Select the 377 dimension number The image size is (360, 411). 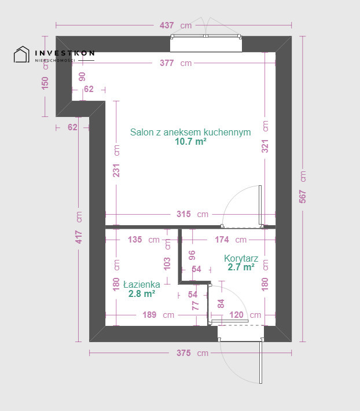[x=167, y=63]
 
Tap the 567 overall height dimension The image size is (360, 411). [x=303, y=197]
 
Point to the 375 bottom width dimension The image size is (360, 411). [x=183, y=353]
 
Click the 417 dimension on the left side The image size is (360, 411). [x=79, y=237]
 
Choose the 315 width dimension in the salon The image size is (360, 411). [x=183, y=214]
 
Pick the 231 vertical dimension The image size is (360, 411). [x=116, y=170]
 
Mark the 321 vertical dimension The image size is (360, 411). [x=265, y=146]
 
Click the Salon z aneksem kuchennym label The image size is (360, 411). [x=190, y=132]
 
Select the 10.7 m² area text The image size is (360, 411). [x=190, y=142]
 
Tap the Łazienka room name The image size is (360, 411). [x=142, y=284]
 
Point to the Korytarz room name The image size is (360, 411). [x=241, y=258]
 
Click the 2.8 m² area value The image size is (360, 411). [x=142, y=293]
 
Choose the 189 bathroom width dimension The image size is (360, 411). [x=149, y=314]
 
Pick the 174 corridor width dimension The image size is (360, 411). [x=222, y=239]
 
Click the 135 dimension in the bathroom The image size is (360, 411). [x=135, y=239]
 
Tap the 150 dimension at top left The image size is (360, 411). [x=45, y=83]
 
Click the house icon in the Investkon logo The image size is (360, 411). [x=21, y=54]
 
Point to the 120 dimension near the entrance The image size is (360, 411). [x=236, y=314]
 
